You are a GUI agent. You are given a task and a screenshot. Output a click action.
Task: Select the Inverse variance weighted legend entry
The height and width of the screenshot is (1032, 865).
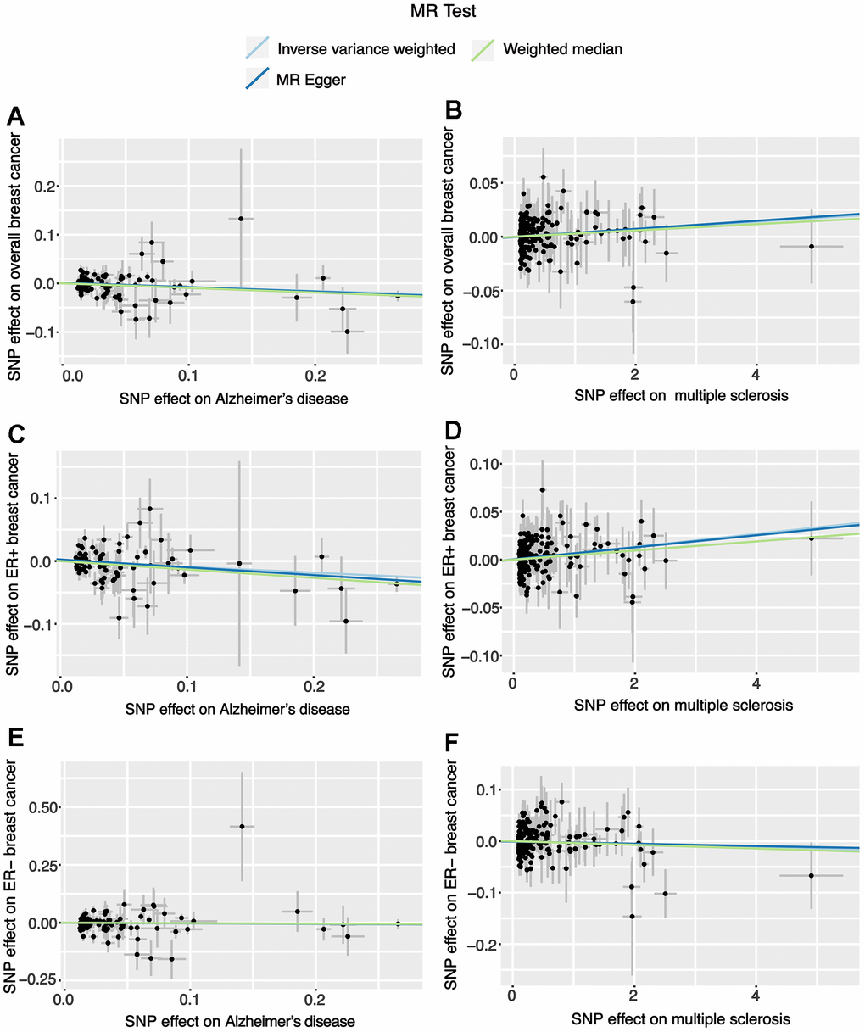pyautogui.click(x=366, y=49)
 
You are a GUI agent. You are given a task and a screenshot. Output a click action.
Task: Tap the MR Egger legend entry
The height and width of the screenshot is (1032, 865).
pyautogui.click(x=311, y=81)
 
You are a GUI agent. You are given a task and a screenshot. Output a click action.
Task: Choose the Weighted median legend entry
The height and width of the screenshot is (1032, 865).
pyautogui.click(x=562, y=49)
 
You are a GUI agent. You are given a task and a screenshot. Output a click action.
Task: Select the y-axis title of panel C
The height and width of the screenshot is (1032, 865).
pyautogui.click(x=14, y=564)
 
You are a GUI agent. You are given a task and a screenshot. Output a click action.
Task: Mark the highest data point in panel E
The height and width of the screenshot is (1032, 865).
pyautogui.click(x=242, y=826)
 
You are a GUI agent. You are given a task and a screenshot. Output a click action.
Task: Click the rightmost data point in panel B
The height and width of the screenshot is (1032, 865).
pyautogui.click(x=812, y=246)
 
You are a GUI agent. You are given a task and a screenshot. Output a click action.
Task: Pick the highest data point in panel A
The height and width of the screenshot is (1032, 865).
pyautogui.click(x=241, y=219)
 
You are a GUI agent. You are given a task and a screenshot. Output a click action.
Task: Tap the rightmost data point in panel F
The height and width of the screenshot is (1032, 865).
pyautogui.click(x=811, y=875)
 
